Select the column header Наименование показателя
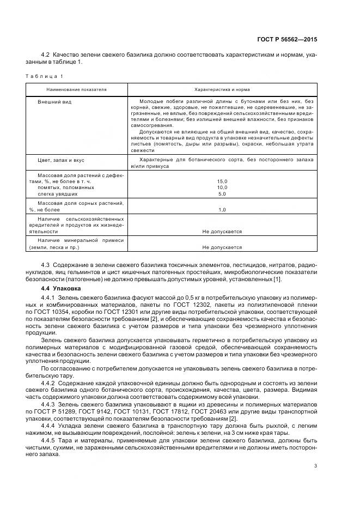click(77, 89)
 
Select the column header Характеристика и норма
click(222, 89)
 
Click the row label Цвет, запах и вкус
click(61, 160)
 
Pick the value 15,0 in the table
click(222, 181)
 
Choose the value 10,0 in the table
click(222, 187)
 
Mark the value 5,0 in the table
click(222, 193)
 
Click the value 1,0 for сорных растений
click(222, 209)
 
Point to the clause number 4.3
click(46, 264)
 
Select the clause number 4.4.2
click(49, 383)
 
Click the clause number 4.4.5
click(49, 439)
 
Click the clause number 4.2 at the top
click(46, 56)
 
